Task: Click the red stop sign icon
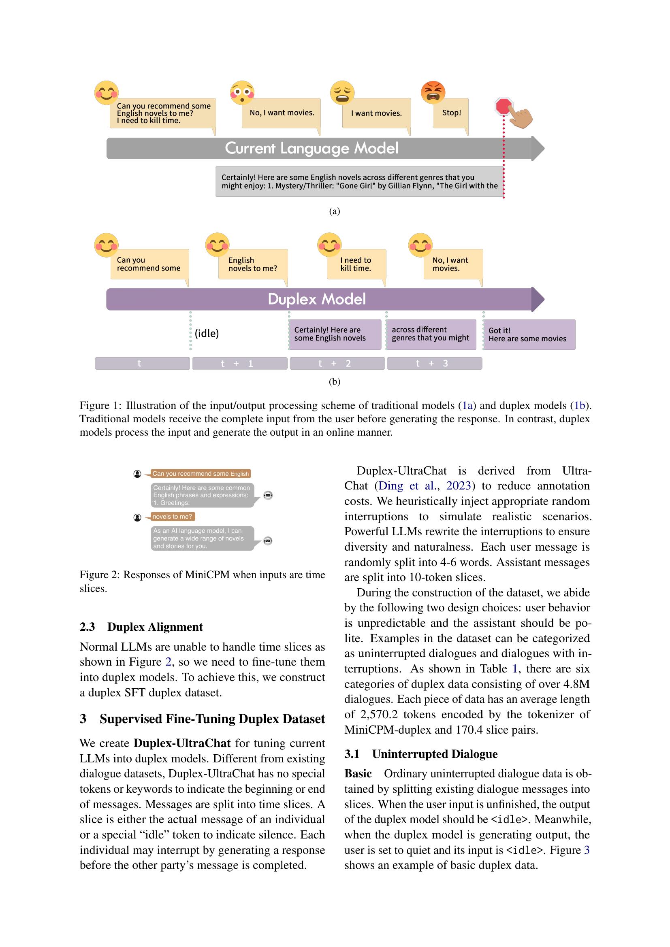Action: [x=504, y=106]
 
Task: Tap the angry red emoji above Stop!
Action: [x=433, y=92]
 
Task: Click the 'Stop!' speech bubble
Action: [x=451, y=113]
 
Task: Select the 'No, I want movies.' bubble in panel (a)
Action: [x=282, y=113]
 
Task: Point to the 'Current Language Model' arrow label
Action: [x=312, y=149]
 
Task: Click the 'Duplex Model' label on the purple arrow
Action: [x=316, y=300]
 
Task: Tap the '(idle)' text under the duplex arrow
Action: [x=207, y=333]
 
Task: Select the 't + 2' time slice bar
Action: [x=337, y=363]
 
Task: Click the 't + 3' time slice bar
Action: [x=434, y=363]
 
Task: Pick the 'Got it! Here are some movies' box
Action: [x=529, y=334]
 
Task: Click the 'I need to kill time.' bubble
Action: [x=356, y=264]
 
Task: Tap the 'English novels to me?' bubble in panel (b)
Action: [x=252, y=264]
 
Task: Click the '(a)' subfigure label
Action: [x=334, y=212]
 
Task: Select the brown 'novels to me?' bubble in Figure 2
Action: [x=173, y=516]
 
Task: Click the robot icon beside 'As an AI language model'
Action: [x=268, y=541]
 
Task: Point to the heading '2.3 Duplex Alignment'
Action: [x=141, y=627]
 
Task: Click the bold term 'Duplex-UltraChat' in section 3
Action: [x=182, y=743]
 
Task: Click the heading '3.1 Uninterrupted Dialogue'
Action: [x=421, y=754]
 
